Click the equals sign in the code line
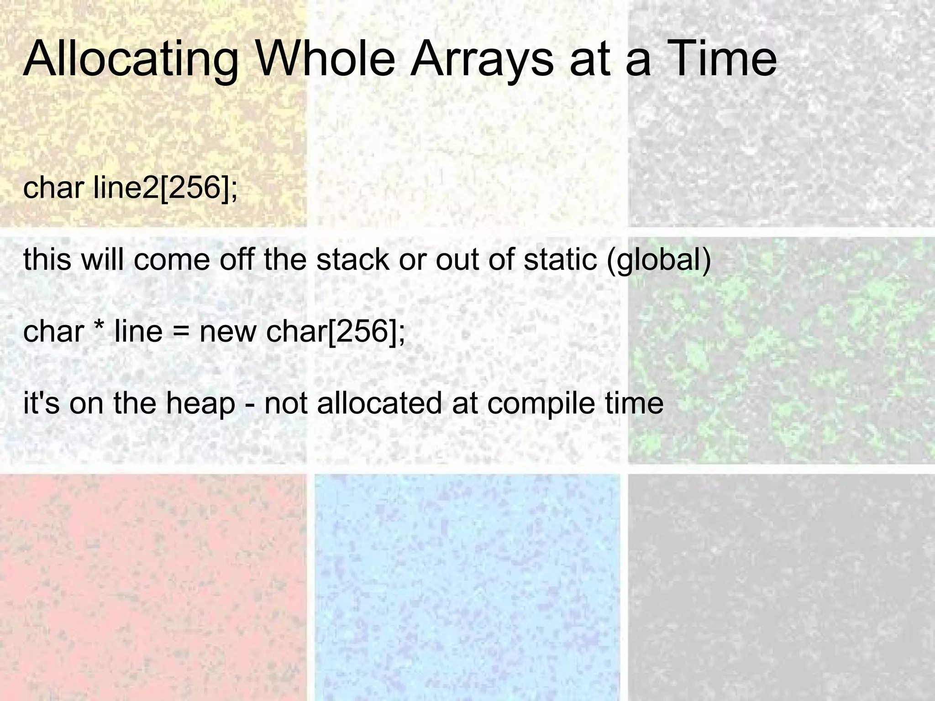point(181,332)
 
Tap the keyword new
point(227,332)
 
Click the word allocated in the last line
point(379,403)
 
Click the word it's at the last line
point(41,403)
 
